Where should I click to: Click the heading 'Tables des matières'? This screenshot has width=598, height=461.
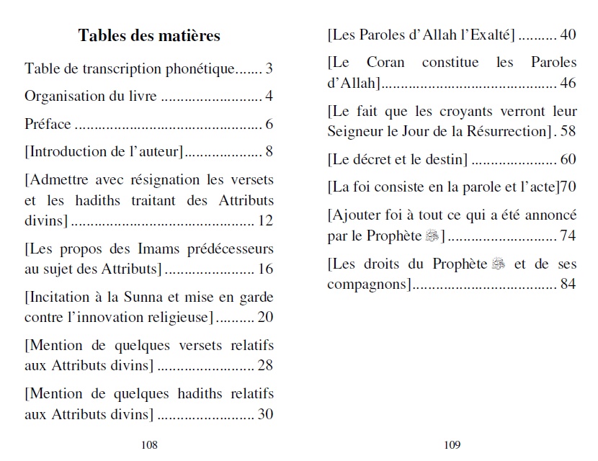tap(149, 35)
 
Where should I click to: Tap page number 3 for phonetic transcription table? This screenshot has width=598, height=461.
tap(269, 69)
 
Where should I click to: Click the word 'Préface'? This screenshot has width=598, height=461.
tap(48, 124)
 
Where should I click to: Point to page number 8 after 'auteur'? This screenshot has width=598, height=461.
tap(269, 151)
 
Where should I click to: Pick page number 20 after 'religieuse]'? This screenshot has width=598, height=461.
tap(264, 317)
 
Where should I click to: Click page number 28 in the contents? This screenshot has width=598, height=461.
tap(264, 365)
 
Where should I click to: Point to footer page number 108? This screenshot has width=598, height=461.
tap(149, 444)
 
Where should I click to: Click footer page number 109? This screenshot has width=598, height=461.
tap(452, 444)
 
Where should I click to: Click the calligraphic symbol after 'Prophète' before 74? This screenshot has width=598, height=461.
tap(432, 236)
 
